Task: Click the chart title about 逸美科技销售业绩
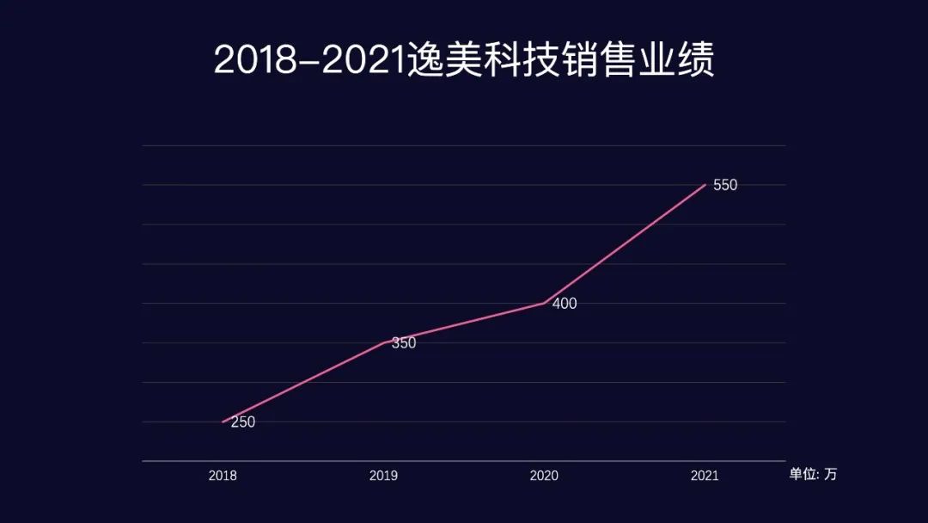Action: [x=464, y=60]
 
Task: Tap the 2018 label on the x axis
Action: [x=223, y=475]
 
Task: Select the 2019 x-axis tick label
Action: [x=383, y=475]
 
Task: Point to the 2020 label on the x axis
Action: [x=544, y=475]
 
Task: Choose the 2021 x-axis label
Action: [x=705, y=475]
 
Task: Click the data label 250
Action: [x=243, y=422]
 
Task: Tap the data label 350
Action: [x=404, y=343]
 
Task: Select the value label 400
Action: [x=565, y=304]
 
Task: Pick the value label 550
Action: [x=725, y=185]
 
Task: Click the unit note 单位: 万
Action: [x=813, y=474]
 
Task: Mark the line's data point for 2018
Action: [x=223, y=421]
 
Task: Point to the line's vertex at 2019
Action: [x=383, y=342]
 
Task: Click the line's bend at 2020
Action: [x=544, y=303]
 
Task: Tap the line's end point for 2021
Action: [x=705, y=184]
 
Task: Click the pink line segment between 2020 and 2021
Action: [x=625, y=243]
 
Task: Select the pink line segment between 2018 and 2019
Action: [x=302, y=382]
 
